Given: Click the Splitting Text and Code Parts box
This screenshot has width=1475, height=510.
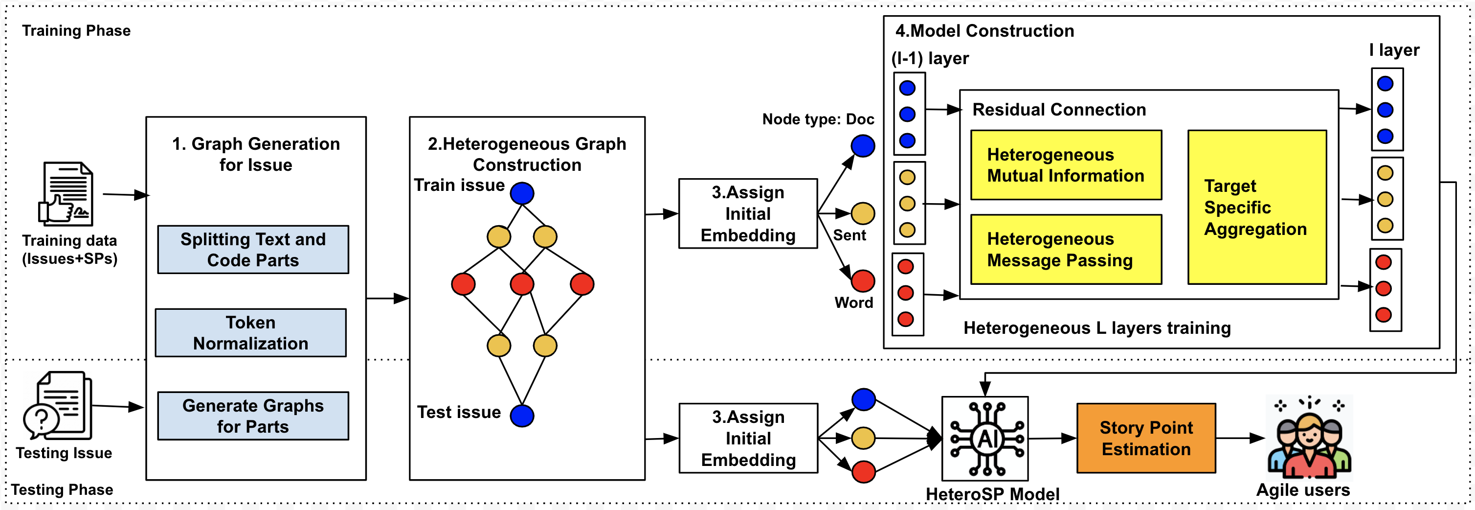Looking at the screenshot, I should click(x=252, y=249).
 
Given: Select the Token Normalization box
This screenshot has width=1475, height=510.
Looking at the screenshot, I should click(x=250, y=333).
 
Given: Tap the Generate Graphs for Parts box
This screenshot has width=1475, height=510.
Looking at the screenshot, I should click(x=252, y=416).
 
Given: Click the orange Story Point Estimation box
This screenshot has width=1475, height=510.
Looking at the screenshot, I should click(x=1146, y=439).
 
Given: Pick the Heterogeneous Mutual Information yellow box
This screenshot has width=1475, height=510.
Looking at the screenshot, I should click(x=1066, y=165).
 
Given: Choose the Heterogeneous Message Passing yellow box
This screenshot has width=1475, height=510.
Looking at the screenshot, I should click(x=1066, y=249).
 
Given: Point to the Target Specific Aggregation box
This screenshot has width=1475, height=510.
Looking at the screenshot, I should click(x=1257, y=207).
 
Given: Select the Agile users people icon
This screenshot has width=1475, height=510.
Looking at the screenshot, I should click(x=1309, y=439).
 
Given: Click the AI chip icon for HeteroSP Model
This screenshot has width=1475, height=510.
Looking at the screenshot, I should click(x=985, y=439).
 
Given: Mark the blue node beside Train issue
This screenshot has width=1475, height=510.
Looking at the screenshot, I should click(x=522, y=193).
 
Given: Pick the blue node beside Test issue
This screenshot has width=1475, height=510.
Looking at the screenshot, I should click(x=522, y=416).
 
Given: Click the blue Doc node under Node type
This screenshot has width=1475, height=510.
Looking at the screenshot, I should click(x=862, y=145).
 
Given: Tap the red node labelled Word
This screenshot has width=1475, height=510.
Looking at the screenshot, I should click(x=862, y=281).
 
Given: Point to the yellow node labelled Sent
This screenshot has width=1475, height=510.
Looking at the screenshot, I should click(x=862, y=213).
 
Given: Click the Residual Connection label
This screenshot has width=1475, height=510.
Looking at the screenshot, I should click(x=1059, y=110).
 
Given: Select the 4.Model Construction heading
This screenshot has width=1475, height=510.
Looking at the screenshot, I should click(x=984, y=31).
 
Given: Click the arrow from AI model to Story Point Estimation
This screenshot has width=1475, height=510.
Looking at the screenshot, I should click(x=1052, y=439).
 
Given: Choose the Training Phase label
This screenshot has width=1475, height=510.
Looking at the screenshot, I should click(x=76, y=31).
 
